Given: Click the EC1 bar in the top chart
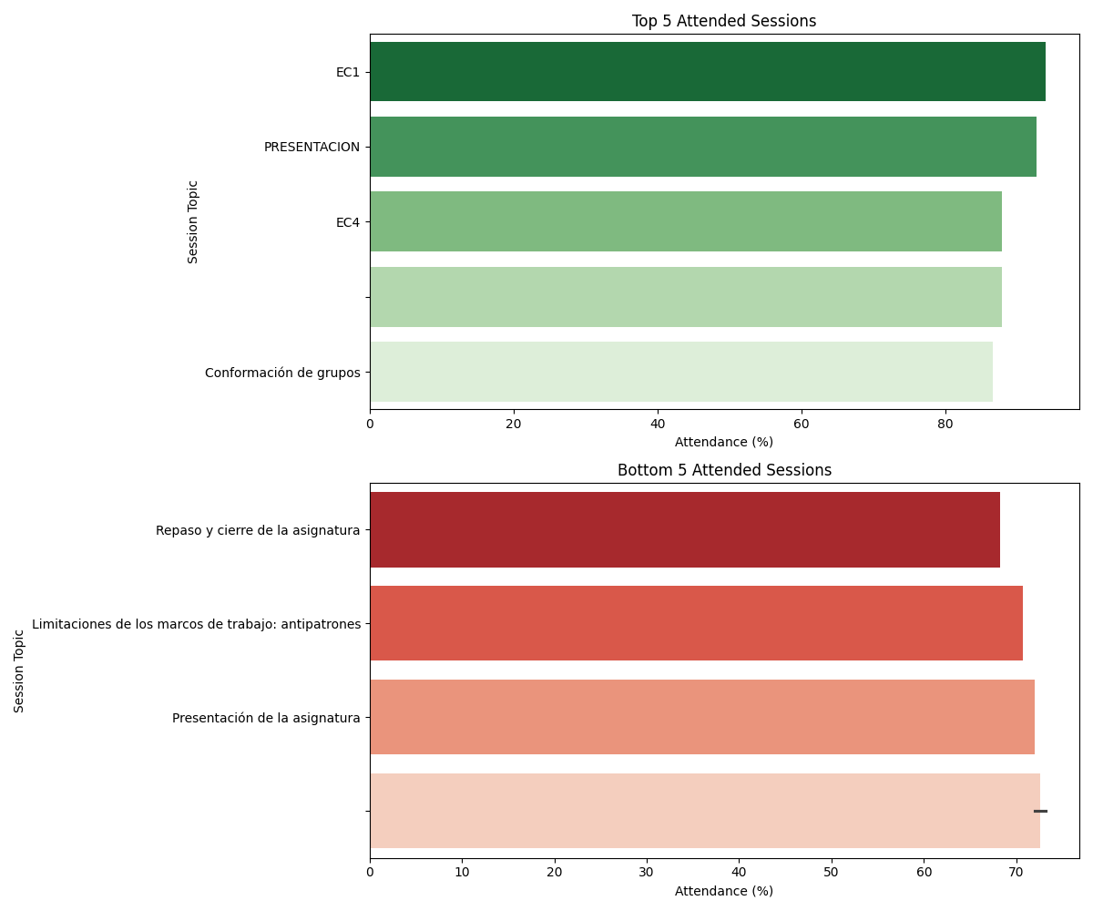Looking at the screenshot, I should click(x=707, y=72).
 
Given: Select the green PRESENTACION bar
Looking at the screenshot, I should click(x=702, y=147).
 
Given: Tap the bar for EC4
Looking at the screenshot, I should click(x=685, y=221).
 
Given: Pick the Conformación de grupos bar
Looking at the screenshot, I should click(x=680, y=372).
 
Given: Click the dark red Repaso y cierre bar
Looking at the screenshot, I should click(x=684, y=529).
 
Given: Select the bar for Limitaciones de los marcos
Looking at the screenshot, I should click(x=696, y=623).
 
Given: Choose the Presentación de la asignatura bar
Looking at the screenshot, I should click(x=701, y=717).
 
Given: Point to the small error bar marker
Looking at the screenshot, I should click(x=1040, y=811).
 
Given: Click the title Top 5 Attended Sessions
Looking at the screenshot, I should click(x=724, y=21).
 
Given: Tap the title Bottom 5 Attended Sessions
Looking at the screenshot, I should click(x=724, y=470).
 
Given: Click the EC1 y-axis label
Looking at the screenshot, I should click(x=348, y=73).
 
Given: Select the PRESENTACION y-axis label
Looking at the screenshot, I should click(x=312, y=148).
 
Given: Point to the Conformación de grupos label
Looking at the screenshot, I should click(x=282, y=373).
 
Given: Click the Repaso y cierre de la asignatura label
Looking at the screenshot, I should click(x=258, y=530).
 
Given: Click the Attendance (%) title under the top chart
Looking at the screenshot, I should click(x=724, y=442).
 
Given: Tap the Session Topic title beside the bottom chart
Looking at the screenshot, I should click(x=19, y=670).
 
